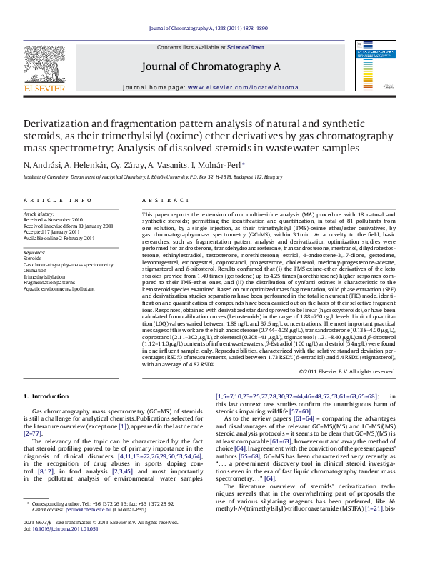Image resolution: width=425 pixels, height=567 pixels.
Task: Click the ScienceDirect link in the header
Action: [x=245, y=47]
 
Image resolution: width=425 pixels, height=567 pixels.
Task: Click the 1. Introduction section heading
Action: [x=46, y=396]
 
